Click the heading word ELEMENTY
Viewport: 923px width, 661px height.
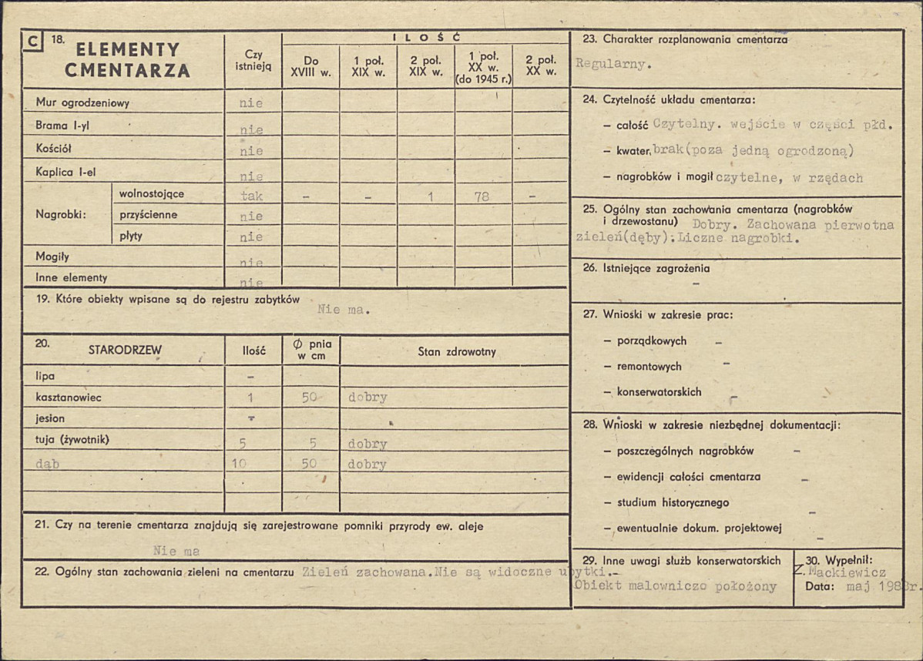[x=127, y=50]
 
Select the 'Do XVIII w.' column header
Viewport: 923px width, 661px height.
[x=311, y=65]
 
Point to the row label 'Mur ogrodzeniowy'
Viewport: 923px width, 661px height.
[x=82, y=102]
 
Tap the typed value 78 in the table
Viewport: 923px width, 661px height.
[x=482, y=196]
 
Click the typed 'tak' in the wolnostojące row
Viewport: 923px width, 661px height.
[x=252, y=196]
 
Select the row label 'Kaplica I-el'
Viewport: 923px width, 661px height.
[x=65, y=172]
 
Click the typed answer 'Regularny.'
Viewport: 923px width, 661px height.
[x=613, y=65]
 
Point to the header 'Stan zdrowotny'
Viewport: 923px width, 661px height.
[x=457, y=352]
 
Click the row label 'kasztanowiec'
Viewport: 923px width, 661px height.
[x=69, y=398]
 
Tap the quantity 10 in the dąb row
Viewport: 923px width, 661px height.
[x=239, y=464]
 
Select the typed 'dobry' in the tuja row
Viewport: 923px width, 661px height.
[x=368, y=444]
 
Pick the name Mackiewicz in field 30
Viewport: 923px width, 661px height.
[x=845, y=572]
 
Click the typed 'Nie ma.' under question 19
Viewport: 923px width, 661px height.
[x=344, y=310]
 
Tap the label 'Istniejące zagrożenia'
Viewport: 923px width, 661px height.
[x=656, y=269]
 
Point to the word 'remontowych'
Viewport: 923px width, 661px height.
[x=649, y=367]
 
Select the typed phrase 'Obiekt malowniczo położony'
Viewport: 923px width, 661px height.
[x=675, y=586]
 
